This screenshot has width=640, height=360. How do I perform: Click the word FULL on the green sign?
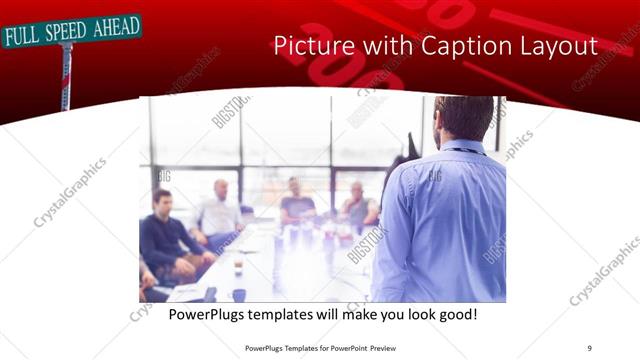(23, 38)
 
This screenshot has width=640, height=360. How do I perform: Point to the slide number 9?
(589, 347)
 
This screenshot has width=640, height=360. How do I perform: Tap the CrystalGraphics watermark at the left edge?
(70, 192)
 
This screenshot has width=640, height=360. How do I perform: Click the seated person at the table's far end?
(297, 204)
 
